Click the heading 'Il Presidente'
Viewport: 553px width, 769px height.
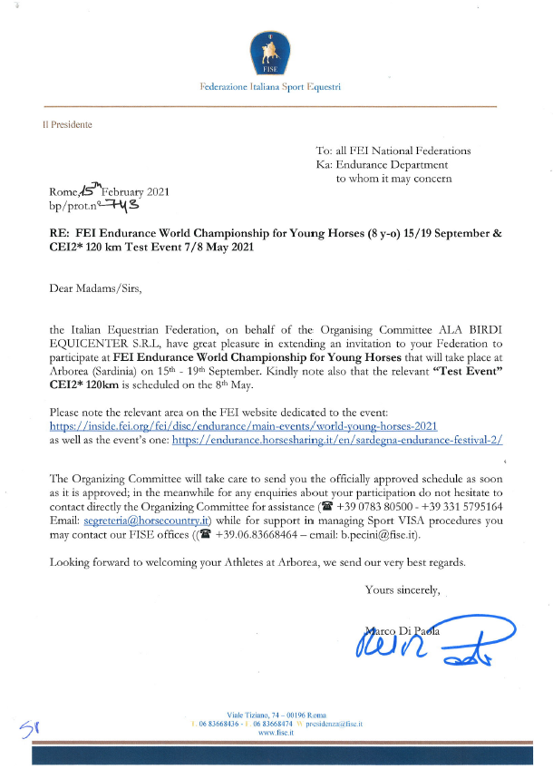click(x=67, y=124)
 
